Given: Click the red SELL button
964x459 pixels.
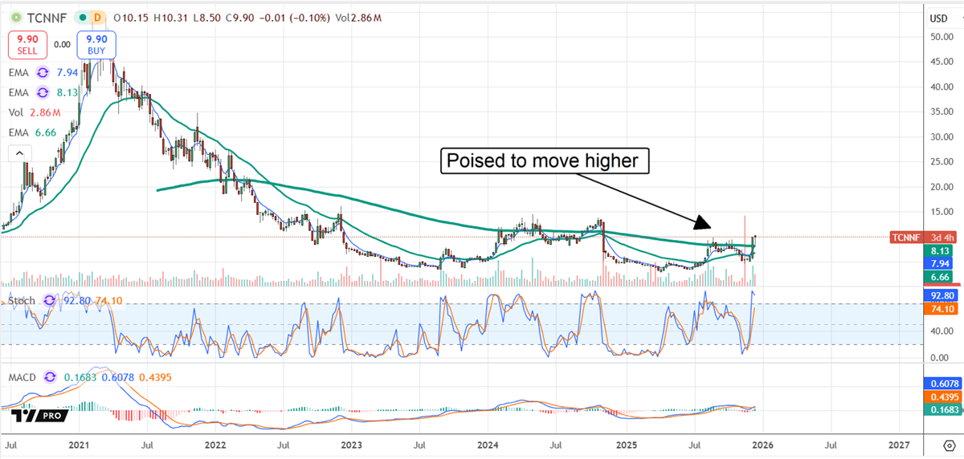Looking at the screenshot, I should [x=27, y=44].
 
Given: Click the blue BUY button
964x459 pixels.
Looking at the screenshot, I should [x=96, y=44].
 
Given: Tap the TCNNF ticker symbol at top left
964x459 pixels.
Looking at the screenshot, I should [x=39, y=16].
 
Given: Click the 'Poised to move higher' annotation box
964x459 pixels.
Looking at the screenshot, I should [x=545, y=161].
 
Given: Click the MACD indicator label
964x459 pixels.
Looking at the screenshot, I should [x=22, y=377].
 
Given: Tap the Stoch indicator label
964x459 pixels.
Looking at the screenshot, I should [x=22, y=301].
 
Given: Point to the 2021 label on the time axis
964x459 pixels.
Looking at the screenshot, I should [x=79, y=444].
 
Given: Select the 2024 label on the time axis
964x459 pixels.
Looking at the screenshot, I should [x=489, y=444].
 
